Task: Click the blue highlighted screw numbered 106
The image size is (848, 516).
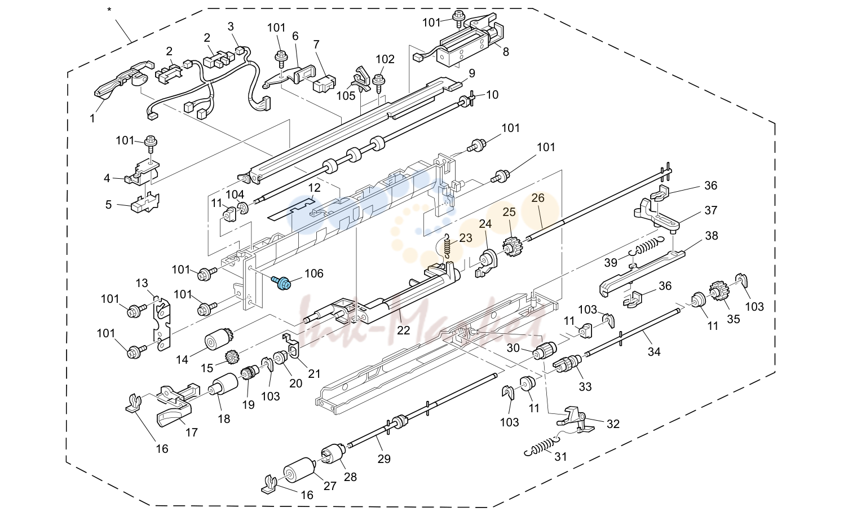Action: (x=281, y=283)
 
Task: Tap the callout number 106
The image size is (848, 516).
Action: (x=314, y=274)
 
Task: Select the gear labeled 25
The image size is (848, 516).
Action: (x=511, y=246)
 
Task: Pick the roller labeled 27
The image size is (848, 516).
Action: (x=299, y=470)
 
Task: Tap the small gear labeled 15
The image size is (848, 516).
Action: (x=231, y=357)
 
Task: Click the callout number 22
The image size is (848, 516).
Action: (x=403, y=330)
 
